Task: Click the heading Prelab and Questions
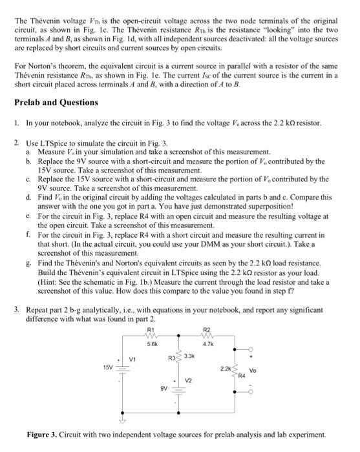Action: coord(56,102)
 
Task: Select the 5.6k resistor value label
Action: coord(151,345)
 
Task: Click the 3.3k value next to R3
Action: coord(190,355)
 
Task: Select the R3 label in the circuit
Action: coord(173,357)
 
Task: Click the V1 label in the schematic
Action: coord(132,360)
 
